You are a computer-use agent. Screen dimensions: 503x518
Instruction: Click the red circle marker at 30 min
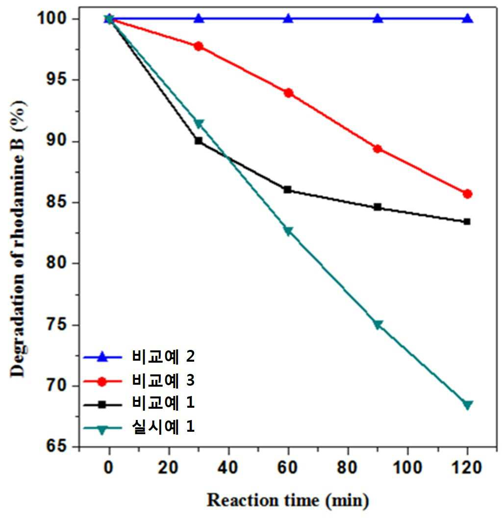pyautogui.click(x=199, y=46)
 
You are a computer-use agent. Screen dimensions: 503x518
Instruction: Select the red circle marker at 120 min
pyautogui.click(x=467, y=194)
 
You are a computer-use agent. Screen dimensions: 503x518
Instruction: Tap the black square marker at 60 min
pyautogui.click(x=288, y=190)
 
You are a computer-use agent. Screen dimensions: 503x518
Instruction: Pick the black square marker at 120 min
pyautogui.click(x=467, y=222)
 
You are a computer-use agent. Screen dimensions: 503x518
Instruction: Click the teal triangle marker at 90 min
pyautogui.click(x=378, y=324)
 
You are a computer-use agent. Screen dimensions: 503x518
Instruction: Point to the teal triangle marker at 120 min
pyautogui.click(x=468, y=405)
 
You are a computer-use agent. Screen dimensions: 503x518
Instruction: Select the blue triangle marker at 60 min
pyautogui.click(x=289, y=18)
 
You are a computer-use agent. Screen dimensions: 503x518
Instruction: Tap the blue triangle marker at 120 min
pyautogui.click(x=468, y=18)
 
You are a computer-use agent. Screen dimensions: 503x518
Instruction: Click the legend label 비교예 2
pyautogui.click(x=163, y=356)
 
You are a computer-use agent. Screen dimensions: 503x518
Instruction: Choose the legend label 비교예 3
pyautogui.click(x=163, y=380)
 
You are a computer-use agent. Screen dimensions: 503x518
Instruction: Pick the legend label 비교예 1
pyautogui.click(x=163, y=403)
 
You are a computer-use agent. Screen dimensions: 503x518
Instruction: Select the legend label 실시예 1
pyautogui.click(x=163, y=426)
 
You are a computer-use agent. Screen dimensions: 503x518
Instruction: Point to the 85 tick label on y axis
pyautogui.click(x=57, y=202)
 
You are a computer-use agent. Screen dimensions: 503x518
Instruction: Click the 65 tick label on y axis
pyautogui.click(x=57, y=446)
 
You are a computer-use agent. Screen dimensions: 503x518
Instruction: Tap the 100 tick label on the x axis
pyautogui.click(x=407, y=468)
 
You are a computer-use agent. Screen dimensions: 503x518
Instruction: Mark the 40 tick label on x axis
pyautogui.click(x=228, y=468)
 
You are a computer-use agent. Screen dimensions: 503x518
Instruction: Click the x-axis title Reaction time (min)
pyautogui.click(x=287, y=500)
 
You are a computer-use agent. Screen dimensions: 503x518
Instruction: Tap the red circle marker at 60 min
pyautogui.click(x=289, y=93)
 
